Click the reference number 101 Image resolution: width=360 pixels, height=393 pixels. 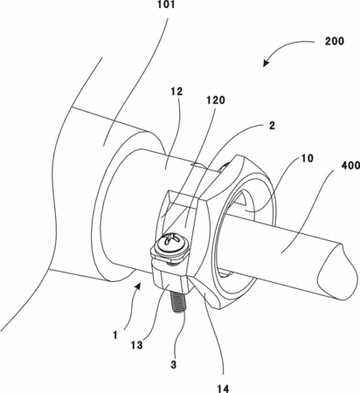(x=165, y=4)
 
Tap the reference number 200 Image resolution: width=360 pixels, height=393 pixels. (x=335, y=41)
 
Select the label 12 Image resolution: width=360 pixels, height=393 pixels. (x=177, y=92)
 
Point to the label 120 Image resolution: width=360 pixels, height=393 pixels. (x=216, y=100)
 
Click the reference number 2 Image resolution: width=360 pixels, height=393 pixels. (x=272, y=126)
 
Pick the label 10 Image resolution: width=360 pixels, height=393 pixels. (x=307, y=158)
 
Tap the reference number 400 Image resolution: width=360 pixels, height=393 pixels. (x=350, y=167)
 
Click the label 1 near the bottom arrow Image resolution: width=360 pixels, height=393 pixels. (x=115, y=335)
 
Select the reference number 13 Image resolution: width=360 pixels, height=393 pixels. (x=136, y=346)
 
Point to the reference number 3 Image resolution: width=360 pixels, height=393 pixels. (x=174, y=364)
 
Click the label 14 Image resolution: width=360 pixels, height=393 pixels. (x=223, y=389)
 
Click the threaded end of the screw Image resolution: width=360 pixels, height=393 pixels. (x=177, y=302)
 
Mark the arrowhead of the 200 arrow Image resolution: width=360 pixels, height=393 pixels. (x=266, y=63)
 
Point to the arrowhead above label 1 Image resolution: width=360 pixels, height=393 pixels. (x=138, y=286)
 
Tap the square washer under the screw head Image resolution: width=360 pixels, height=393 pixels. (x=170, y=255)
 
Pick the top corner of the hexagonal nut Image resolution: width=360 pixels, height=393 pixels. (x=239, y=155)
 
